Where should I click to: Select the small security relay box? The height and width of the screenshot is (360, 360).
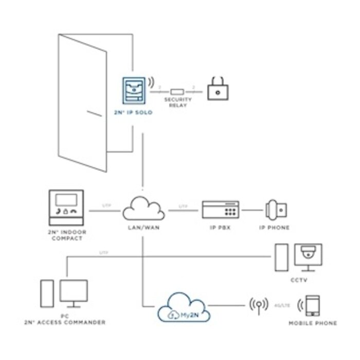pyautogui.click(x=177, y=91)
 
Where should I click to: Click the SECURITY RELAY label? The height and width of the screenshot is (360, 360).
pyautogui.click(x=177, y=102)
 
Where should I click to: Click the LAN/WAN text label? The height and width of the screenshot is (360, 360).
pyautogui.click(x=142, y=227)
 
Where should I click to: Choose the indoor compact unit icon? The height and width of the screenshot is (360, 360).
pyautogui.click(x=66, y=208)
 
